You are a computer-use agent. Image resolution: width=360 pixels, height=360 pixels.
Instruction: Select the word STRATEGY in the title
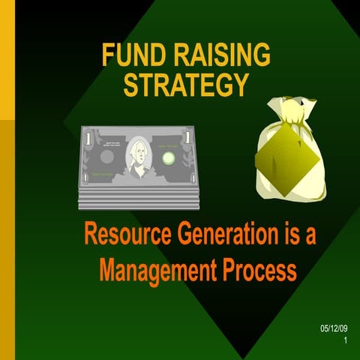(185, 84)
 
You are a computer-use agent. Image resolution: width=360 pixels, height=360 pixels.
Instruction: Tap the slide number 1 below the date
(346, 341)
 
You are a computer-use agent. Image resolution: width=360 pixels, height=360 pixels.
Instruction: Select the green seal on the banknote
(169, 157)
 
